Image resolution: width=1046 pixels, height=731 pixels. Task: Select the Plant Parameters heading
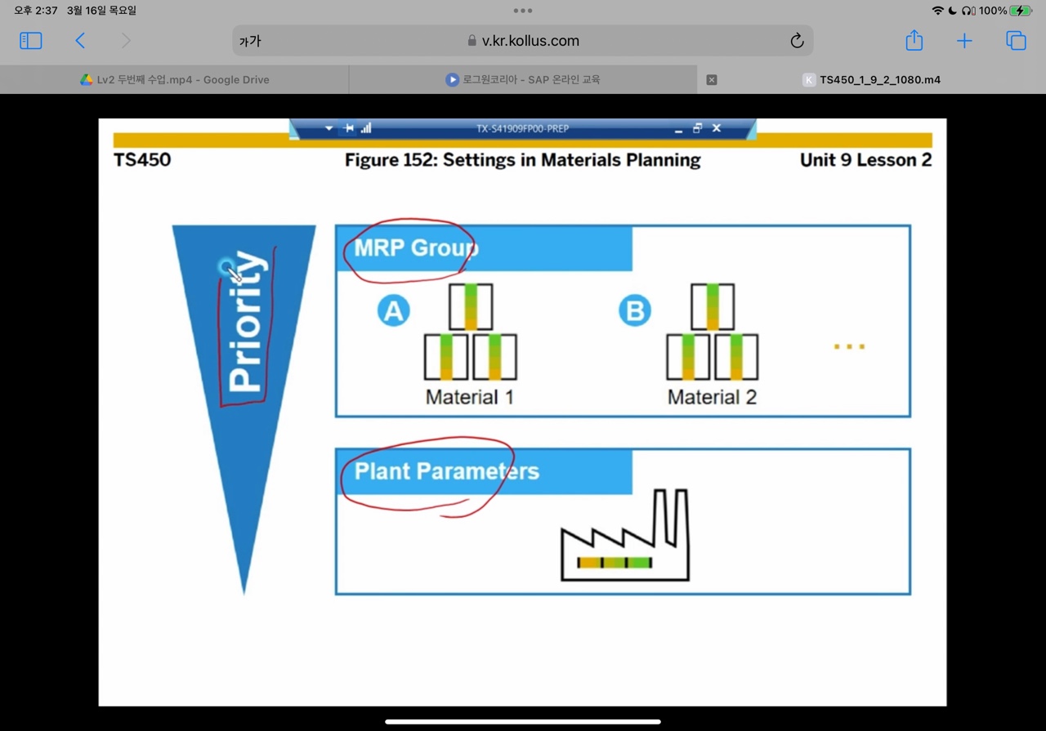tap(446, 471)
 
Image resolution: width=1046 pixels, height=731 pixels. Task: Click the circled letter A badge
tap(393, 311)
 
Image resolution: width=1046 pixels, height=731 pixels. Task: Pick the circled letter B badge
tap(634, 311)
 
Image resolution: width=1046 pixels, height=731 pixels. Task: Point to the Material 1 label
tap(469, 398)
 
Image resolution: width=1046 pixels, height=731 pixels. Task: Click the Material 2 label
tap(712, 398)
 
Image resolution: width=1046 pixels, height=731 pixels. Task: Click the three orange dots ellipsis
tap(849, 347)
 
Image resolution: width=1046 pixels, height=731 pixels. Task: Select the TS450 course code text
tap(142, 159)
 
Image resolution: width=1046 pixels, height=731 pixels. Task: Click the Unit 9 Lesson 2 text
tap(865, 159)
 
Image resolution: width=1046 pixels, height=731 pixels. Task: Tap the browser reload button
tap(797, 41)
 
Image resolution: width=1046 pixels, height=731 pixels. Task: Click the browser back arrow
tap(80, 41)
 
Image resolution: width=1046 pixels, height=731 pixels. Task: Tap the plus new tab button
tap(964, 41)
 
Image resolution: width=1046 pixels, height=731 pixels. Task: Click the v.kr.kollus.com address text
tap(530, 41)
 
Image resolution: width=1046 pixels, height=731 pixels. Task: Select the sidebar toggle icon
tap(31, 41)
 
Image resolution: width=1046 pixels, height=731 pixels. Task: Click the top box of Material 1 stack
tap(471, 307)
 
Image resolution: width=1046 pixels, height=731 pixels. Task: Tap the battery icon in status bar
tap(1021, 11)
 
